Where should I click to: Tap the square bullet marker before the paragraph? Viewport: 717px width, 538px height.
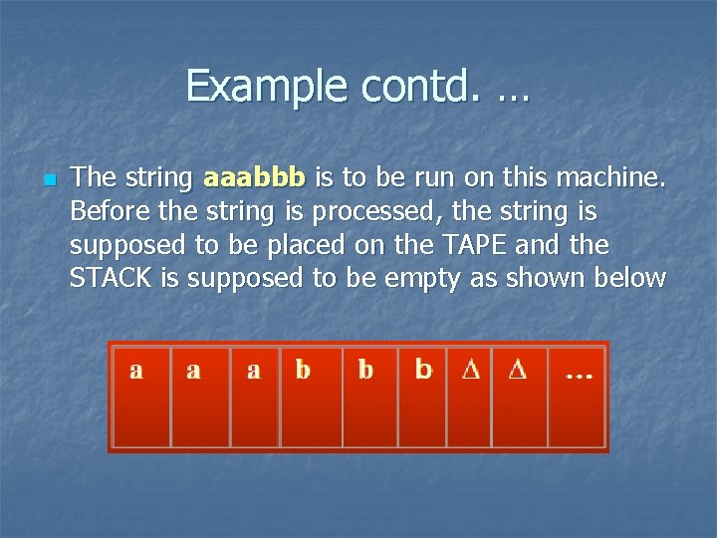click(48, 180)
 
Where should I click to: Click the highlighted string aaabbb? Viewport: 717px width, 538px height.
click(254, 178)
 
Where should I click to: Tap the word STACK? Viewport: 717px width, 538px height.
click(112, 278)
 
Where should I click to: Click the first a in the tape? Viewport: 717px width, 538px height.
click(136, 371)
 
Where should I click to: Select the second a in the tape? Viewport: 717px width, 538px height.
click(193, 371)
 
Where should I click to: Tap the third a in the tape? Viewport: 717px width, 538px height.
click(253, 371)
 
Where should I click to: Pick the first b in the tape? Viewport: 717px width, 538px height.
click(303, 370)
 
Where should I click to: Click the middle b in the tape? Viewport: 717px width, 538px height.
click(365, 370)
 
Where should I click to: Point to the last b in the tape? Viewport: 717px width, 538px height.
click(423, 370)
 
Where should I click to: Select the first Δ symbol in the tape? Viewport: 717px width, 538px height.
click(471, 370)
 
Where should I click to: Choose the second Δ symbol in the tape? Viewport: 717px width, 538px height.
click(517, 370)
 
